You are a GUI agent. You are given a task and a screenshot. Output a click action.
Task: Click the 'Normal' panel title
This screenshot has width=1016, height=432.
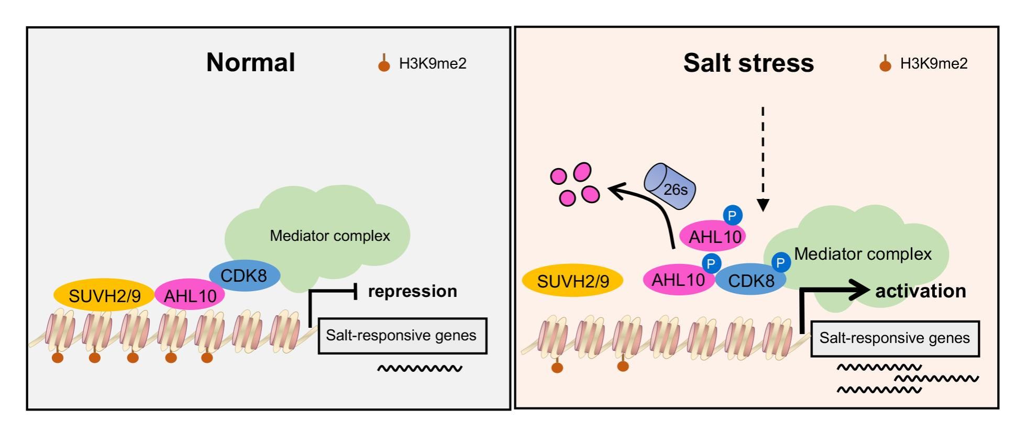(250, 62)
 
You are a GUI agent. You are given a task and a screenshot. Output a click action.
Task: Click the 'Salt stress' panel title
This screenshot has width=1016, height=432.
(748, 63)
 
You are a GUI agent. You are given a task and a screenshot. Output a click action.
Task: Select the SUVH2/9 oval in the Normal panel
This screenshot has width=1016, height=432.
(104, 295)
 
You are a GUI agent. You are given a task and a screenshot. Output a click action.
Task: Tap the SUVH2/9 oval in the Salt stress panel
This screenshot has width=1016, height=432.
(572, 281)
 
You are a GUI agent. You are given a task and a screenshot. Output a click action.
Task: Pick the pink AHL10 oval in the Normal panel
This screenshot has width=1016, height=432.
(190, 295)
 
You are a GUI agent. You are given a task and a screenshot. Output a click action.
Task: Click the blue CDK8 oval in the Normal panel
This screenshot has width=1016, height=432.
(244, 275)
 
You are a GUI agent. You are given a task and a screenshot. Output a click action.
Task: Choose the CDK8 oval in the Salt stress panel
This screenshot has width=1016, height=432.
(750, 280)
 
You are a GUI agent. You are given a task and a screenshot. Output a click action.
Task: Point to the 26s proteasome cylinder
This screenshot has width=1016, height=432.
(670, 186)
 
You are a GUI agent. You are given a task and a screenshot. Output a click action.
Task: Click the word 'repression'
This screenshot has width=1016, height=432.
(412, 291)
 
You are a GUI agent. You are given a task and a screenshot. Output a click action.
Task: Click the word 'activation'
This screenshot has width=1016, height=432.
(920, 291)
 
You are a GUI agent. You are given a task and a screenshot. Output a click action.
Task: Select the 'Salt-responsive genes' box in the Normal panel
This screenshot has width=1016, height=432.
(402, 336)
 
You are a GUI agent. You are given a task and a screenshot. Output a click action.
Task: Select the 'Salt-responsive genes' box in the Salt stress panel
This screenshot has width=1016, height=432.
(894, 338)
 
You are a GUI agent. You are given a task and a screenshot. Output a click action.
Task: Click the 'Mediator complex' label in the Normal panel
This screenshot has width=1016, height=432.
(330, 236)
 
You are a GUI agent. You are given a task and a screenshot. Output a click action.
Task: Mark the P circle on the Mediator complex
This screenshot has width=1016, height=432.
(780, 262)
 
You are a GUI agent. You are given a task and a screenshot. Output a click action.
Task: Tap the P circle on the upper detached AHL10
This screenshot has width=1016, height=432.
(732, 215)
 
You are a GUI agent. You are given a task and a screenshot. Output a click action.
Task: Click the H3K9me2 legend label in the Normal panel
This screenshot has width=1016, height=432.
(433, 63)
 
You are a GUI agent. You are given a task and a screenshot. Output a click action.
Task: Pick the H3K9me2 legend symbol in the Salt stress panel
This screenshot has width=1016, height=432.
(885, 64)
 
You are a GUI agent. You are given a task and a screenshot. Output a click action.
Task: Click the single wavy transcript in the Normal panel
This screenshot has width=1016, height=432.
(419, 369)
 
